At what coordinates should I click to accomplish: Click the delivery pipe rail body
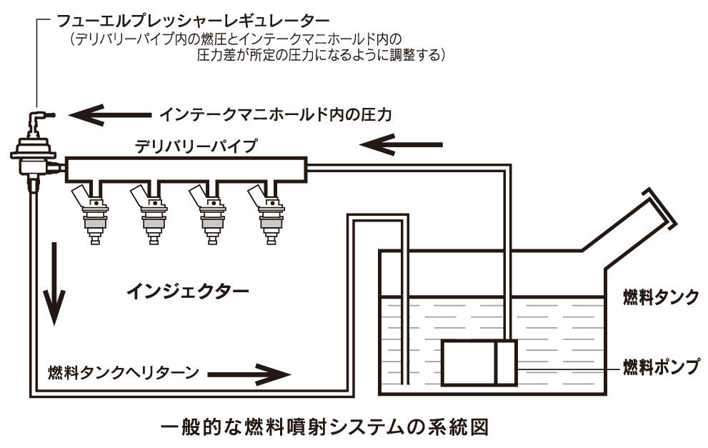(x=186, y=169)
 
